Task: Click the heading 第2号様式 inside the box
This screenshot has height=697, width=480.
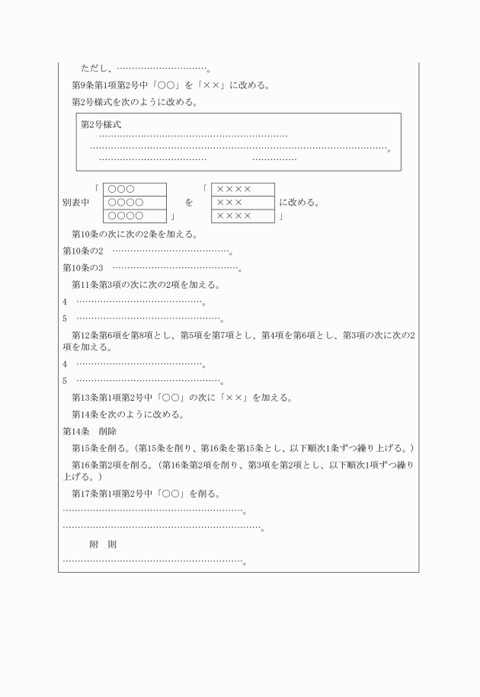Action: tap(101, 124)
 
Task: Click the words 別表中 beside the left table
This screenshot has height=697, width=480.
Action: tap(75, 203)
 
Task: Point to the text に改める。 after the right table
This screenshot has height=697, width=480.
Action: tap(299, 203)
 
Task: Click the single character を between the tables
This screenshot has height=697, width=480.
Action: tap(188, 203)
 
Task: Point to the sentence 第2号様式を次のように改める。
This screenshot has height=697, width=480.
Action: tap(134, 101)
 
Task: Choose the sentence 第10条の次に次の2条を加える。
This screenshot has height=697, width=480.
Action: tap(134, 234)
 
